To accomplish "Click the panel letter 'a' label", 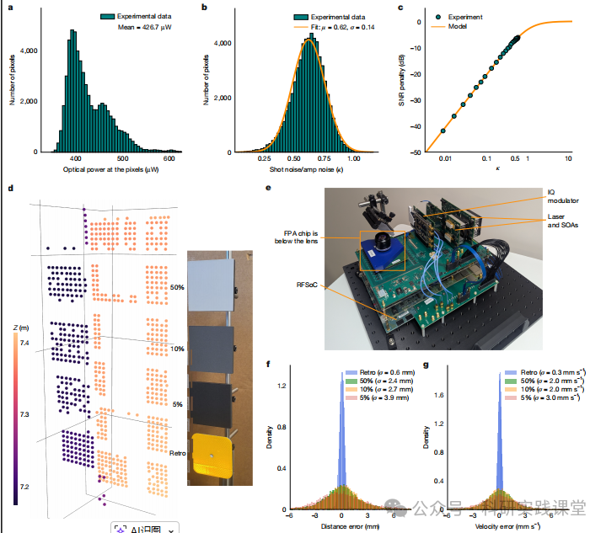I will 10,8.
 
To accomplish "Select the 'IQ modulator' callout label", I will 560,196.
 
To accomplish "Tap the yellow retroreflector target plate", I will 211,455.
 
